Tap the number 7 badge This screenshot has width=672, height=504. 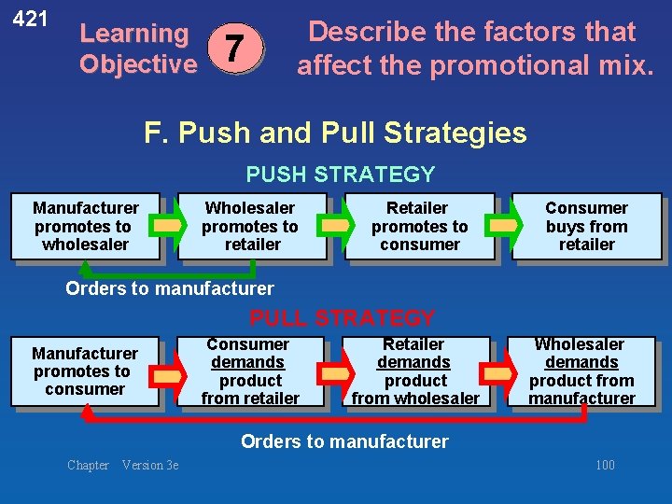[x=237, y=48]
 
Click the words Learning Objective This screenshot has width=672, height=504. [x=137, y=49]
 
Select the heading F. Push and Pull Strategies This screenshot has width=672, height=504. [x=335, y=133]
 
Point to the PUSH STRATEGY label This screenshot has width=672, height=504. [x=340, y=175]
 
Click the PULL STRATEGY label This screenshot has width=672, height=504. [x=342, y=318]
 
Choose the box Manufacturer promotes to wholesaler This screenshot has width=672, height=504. [x=85, y=226]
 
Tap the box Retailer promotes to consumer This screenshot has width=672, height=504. [x=419, y=226]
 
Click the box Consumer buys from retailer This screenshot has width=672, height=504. [x=586, y=226]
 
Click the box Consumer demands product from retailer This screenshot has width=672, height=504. [x=249, y=371]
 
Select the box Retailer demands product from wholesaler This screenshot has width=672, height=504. [x=414, y=371]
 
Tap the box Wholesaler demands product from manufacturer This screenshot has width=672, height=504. [x=581, y=371]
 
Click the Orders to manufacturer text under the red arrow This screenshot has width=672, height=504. [x=344, y=441]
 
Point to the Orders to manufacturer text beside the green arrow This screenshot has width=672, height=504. [x=170, y=288]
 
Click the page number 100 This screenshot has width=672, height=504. [x=605, y=465]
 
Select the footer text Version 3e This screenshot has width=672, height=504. [x=150, y=465]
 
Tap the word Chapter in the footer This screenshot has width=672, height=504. [x=88, y=465]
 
